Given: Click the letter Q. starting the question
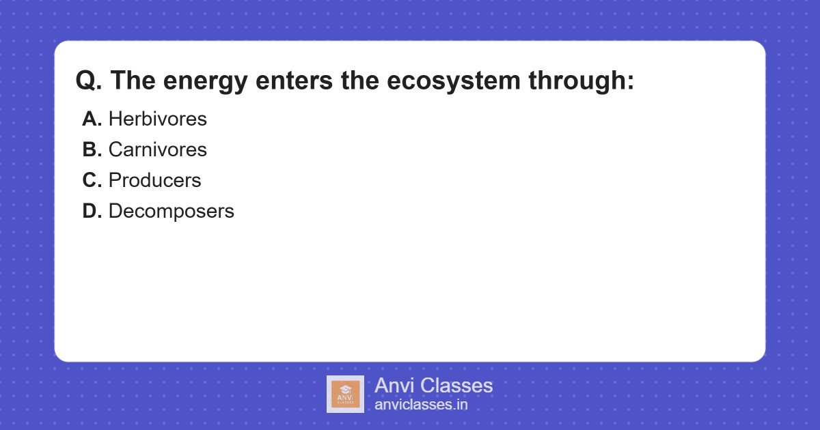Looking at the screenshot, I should tap(89, 81).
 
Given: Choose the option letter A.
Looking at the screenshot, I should tap(92, 119).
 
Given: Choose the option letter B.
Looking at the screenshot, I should tap(92, 149).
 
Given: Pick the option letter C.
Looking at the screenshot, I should tap(92, 180).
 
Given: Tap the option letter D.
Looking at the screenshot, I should tap(92, 211).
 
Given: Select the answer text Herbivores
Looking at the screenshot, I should tap(157, 119).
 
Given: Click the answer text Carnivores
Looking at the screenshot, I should tap(157, 149).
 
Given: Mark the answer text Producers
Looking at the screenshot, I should tap(154, 180).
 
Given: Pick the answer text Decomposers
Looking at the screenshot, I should tap(171, 212).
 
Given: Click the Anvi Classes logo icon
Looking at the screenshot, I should tap(345, 394).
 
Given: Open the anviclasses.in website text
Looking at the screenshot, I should tap(421, 405).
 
